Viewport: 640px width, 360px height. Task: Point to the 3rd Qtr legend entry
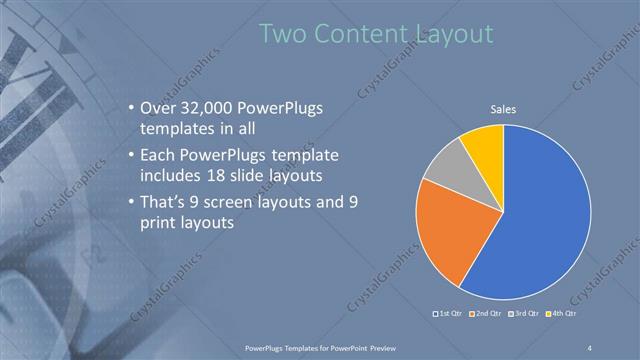(526, 313)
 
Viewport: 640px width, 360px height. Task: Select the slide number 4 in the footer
(591, 348)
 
